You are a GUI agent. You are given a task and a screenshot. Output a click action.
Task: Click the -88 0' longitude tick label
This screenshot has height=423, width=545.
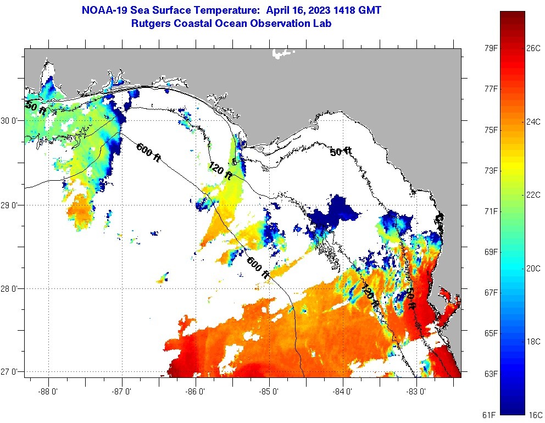click(49, 392)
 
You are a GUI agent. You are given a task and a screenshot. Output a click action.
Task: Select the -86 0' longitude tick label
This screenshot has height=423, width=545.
click(196, 392)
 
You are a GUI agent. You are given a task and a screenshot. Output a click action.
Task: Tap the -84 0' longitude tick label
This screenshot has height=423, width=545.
click(343, 392)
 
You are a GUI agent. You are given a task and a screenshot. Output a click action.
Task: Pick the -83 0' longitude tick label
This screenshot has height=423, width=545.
click(416, 392)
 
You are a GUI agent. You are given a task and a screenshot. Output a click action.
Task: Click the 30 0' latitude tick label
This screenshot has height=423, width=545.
click(10, 121)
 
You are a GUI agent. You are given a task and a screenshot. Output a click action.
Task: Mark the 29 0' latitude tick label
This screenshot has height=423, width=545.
click(10, 205)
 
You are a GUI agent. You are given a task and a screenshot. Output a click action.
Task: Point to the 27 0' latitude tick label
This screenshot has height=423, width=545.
click(10, 372)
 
